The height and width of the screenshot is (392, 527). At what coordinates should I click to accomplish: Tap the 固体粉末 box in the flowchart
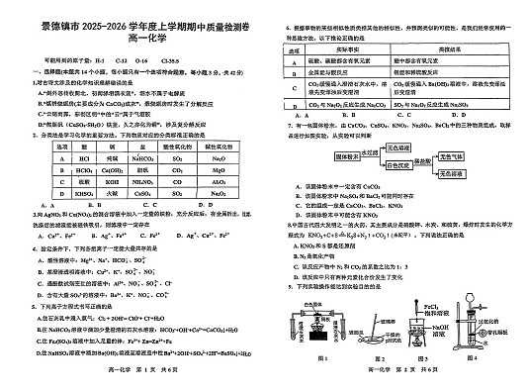343,156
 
